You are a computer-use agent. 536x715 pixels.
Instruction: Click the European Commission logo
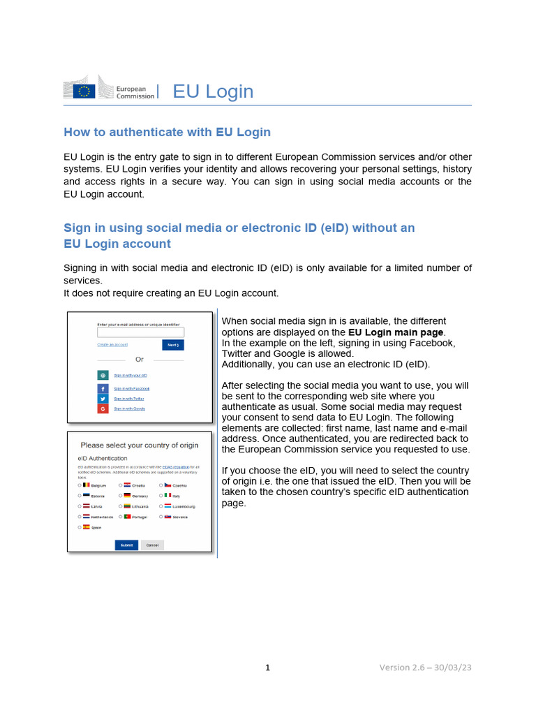(x=108, y=91)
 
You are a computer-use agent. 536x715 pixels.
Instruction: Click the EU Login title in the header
(x=213, y=91)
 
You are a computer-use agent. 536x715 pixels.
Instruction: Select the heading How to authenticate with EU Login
(x=167, y=132)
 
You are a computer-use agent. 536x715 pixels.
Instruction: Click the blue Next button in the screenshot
(x=173, y=345)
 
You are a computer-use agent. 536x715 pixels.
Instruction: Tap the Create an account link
(x=112, y=345)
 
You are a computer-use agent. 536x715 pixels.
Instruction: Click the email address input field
(x=140, y=332)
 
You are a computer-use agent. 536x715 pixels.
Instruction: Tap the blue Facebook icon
(x=103, y=388)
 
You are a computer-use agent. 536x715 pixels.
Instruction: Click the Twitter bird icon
(x=103, y=398)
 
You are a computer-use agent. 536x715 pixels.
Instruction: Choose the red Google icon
(x=103, y=408)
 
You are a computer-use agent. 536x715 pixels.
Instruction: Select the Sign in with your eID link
(x=131, y=376)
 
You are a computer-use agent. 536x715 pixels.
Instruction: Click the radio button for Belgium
(x=80, y=485)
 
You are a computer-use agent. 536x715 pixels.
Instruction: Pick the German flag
(x=127, y=495)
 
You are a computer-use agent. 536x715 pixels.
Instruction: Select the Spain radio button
(x=80, y=527)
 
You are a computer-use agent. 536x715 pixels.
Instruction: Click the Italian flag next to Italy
(x=168, y=495)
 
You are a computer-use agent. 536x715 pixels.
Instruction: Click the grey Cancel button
(x=152, y=545)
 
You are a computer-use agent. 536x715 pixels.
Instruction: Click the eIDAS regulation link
(x=176, y=466)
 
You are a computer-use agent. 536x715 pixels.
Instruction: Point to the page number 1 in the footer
(x=267, y=668)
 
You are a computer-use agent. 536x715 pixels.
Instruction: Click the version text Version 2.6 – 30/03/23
(x=426, y=668)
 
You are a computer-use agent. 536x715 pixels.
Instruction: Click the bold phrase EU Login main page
(x=396, y=332)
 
